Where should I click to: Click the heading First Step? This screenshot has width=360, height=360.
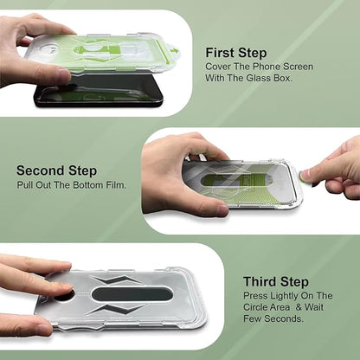click(x=236, y=54)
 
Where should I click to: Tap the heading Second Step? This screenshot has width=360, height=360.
click(x=56, y=170)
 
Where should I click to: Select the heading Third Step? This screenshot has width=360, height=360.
click(x=276, y=282)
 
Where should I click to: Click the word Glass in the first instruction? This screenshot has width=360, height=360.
click(x=259, y=78)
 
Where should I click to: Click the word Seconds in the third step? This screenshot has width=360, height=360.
click(x=284, y=318)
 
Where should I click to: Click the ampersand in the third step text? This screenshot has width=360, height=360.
click(x=299, y=307)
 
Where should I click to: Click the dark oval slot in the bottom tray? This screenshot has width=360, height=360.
click(x=132, y=294)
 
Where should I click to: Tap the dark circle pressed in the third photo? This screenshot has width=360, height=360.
click(x=65, y=295)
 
